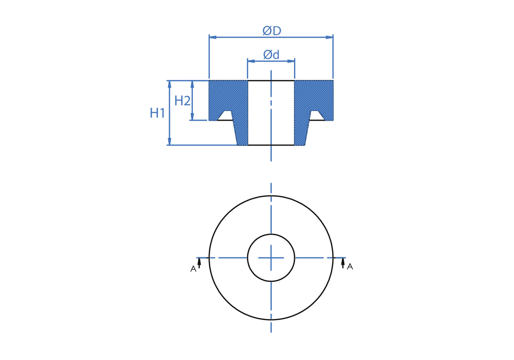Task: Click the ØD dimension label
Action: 272,31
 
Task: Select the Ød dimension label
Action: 271,55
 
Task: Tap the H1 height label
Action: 157,113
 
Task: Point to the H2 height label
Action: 182,101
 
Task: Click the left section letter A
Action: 193,269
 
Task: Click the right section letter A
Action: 350,267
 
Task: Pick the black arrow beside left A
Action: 199,263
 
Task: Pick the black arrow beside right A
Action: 343,263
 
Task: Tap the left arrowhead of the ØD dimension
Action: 213,37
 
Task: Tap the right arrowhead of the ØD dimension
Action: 329,37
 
